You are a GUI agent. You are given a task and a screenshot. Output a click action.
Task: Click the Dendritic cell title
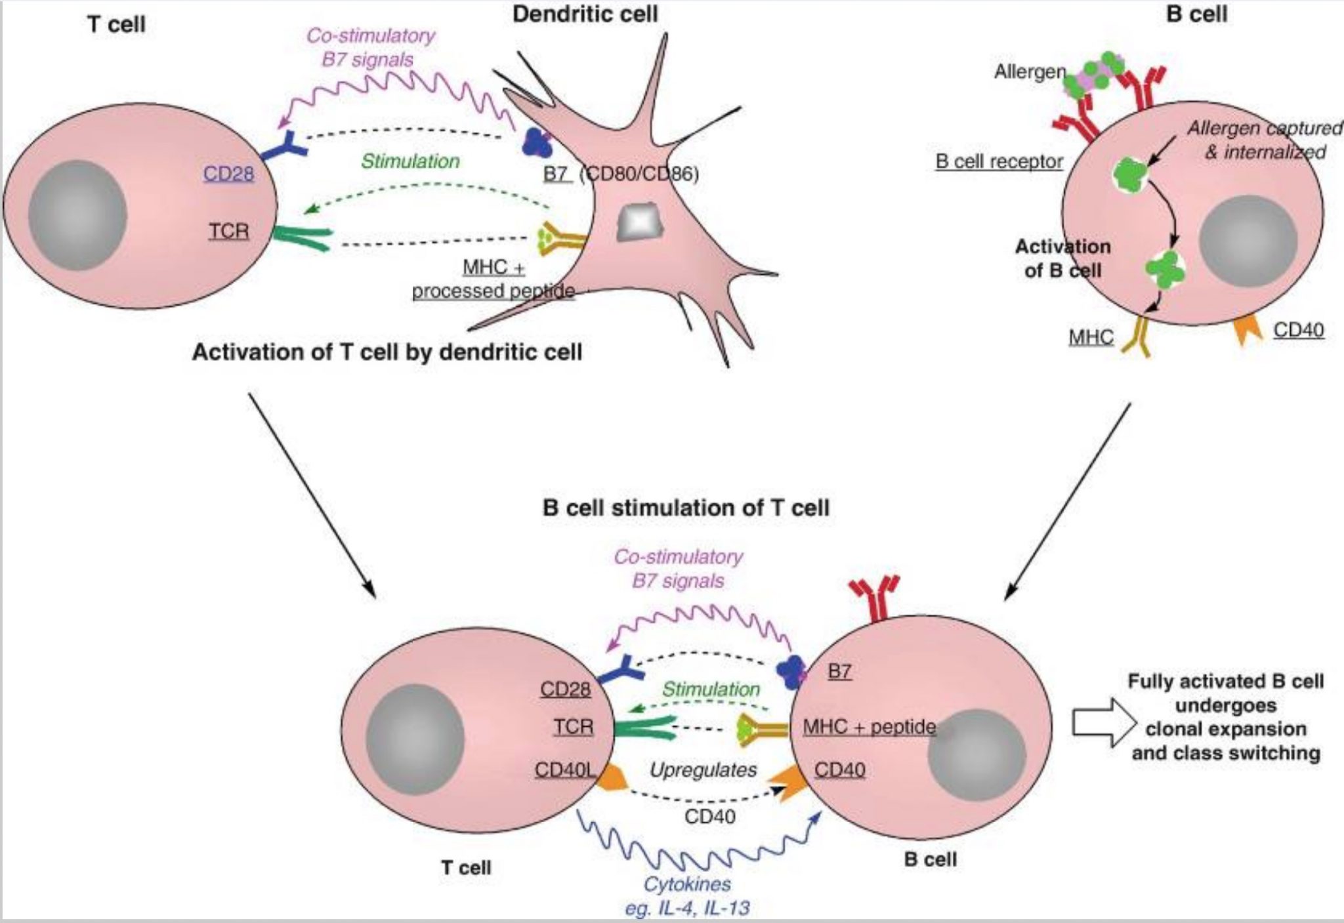tap(585, 14)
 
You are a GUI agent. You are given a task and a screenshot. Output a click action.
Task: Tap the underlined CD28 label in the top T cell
tap(228, 174)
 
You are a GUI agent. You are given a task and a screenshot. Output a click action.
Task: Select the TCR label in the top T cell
tap(229, 231)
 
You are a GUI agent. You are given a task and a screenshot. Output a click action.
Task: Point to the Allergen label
tap(1030, 72)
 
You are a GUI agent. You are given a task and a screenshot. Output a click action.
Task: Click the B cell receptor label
tap(999, 161)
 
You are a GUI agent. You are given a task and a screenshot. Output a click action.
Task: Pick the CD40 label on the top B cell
tap(1298, 330)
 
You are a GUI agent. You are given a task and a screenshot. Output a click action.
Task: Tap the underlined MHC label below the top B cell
tap(1091, 337)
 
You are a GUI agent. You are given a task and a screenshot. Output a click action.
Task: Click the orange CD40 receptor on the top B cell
tap(1248, 331)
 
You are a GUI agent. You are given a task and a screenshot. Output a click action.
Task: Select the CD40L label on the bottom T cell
tap(565, 769)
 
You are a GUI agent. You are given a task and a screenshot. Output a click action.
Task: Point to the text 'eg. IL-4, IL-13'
tap(687, 908)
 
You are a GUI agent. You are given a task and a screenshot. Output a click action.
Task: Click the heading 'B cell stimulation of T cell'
tap(686, 508)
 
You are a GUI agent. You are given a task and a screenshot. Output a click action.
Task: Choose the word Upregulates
tap(703, 769)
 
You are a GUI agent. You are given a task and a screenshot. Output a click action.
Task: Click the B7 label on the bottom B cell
tap(839, 671)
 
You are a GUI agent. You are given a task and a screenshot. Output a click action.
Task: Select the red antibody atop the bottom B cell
tap(873, 597)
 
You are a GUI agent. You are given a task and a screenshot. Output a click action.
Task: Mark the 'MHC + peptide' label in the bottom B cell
tap(869, 727)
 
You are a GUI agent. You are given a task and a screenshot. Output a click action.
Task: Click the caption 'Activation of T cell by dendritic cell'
tap(387, 352)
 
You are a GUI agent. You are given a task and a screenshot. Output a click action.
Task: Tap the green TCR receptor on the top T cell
tap(301, 238)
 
